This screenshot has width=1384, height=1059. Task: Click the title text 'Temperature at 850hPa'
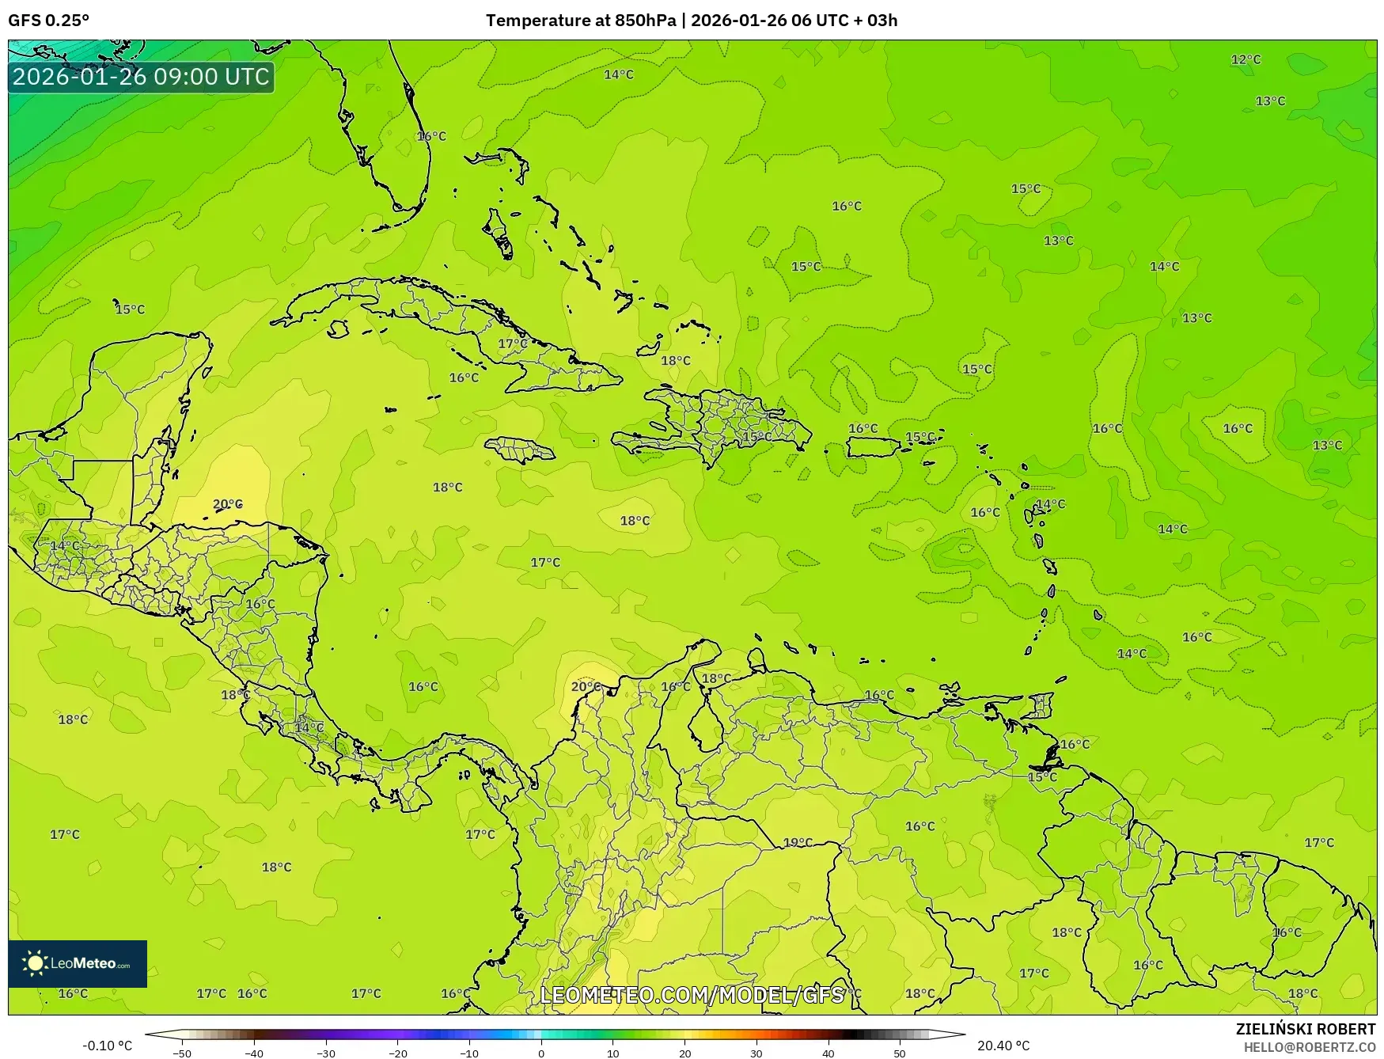pyautogui.click(x=581, y=21)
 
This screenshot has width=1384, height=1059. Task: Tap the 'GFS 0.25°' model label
pyautogui.click(x=49, y=21)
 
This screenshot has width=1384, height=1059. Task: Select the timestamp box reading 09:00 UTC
pyautogui.click(x=141, y=77)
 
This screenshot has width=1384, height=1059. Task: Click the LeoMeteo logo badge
pyautogui.click(x=78, y=963)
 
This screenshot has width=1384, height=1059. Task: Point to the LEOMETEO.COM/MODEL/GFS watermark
pyautogui.click(x=692, y=994)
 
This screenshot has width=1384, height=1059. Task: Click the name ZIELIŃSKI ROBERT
pyautogui.click(x=1306, y=1029)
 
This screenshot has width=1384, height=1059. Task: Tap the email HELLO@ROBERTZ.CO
pyautogui.click(x=1310, y=1047)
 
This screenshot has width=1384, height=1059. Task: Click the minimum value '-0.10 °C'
pyautogui.click(x=108, y=1046)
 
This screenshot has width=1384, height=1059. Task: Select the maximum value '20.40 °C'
pyautogui.click(x=1003, y=1046)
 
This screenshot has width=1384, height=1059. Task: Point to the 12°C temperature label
pyautogui.click(x=1246, y=59)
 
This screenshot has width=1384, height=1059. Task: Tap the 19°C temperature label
pyautogui.click(x=798, y=842)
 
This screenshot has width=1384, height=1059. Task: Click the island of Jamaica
pyautogui.click(x=520, y=450)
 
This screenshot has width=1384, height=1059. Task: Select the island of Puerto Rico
pyautogui.click(x=873, y=447)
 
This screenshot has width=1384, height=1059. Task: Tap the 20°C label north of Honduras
pyautogui.click(x=228, y=504)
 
